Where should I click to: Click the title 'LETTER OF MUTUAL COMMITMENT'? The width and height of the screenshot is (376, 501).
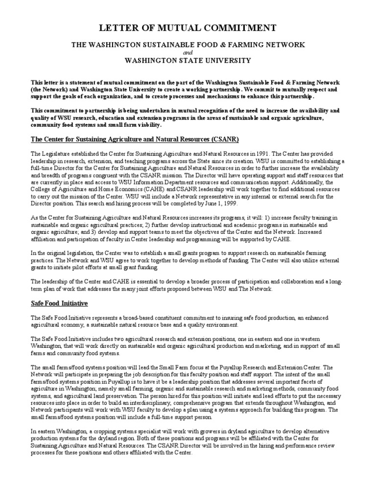tap(188, 28)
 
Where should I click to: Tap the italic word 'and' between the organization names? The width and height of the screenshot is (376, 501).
tap(188, 52)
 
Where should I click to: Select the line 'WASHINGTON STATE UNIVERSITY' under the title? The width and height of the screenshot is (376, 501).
tap(188, 61)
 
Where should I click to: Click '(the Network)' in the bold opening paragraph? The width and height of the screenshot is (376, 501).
tap(49, 90)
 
